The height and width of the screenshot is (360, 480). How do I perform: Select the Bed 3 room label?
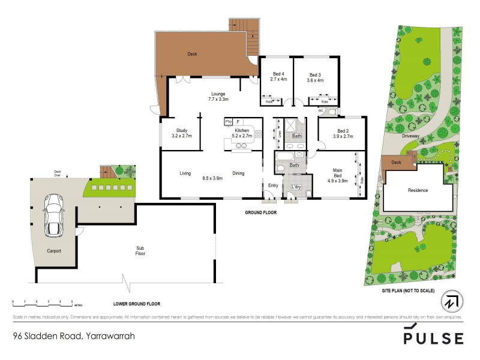pos(315,77)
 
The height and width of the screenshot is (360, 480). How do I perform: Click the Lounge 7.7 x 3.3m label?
pos(218,96)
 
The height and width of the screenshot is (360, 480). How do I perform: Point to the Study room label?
pos(182,133)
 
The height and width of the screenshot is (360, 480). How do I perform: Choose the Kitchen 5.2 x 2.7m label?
pos(242,133)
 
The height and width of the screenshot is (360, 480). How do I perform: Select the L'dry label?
pos(296,187)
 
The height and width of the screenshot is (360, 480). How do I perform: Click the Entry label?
pos(273,185)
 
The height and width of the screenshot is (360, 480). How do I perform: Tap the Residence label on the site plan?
pos(418,190)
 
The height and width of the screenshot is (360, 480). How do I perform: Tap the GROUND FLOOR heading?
pos(260,212)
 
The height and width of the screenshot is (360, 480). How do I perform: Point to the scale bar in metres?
pos(42,301)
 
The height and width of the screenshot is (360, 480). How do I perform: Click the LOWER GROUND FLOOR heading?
pos(137,304)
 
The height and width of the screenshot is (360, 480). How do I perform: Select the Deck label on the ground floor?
pos(192,54)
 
